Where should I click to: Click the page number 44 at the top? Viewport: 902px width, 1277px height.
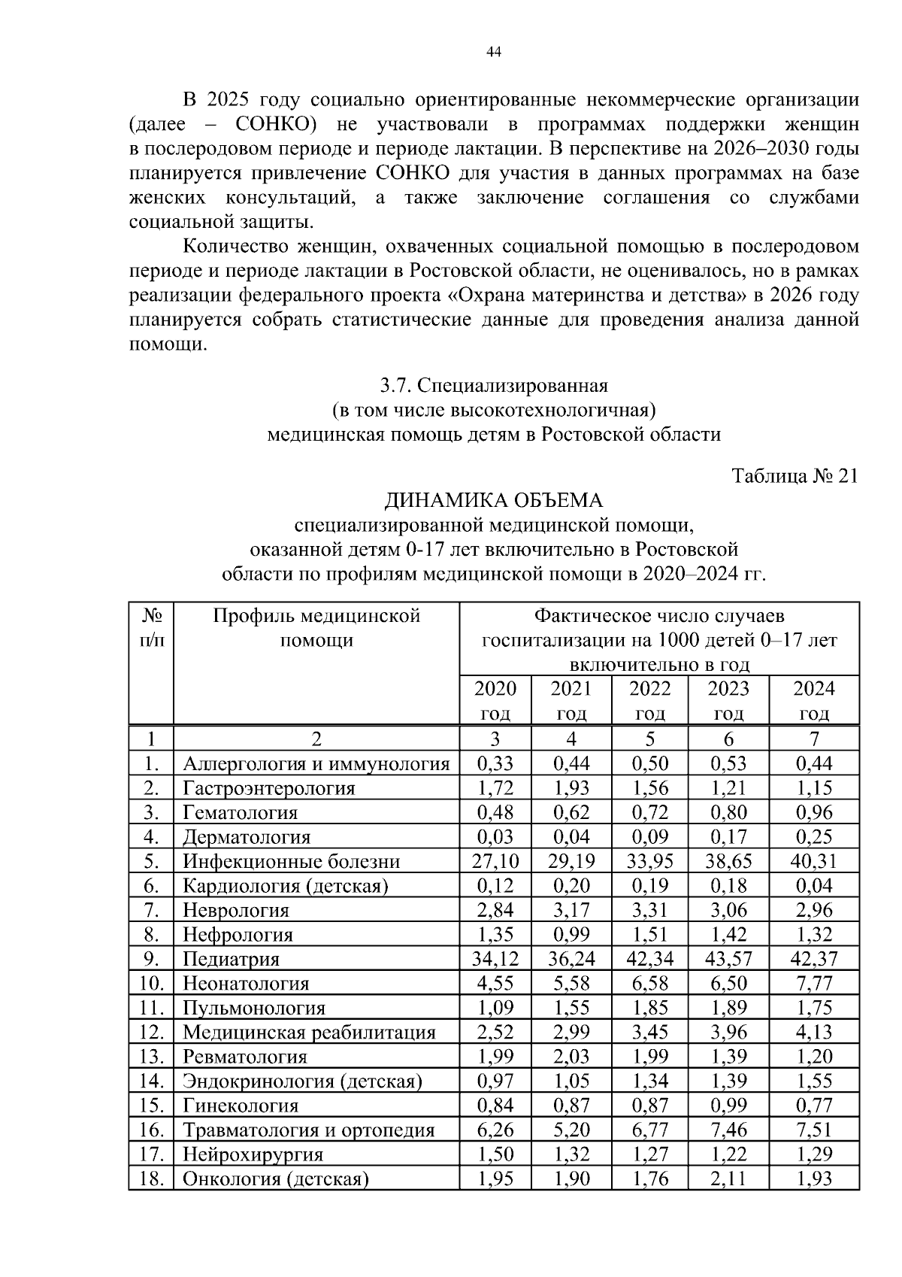tap(494, 52)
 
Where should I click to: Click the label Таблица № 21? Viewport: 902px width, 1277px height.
tap(795, 476)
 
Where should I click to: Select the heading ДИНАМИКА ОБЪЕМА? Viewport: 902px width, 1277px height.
tap(494, 500)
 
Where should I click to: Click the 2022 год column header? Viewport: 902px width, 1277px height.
tap(649, 700)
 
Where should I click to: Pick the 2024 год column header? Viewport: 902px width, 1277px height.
tap(814, 700)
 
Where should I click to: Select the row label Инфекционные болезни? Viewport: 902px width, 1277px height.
tap(292, 861)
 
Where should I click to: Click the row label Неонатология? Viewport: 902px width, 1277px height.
tap(247, 983)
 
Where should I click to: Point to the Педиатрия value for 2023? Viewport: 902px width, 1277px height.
tap(728, 959)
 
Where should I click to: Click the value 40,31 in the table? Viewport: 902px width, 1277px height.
tap(814, 861)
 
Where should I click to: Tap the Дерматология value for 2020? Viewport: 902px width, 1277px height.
tap(495, 836)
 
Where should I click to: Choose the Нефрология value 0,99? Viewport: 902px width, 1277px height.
tap(571, 934)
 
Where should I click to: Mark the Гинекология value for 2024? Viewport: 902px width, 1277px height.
tap(814, 1105)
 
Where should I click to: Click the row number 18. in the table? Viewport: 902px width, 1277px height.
tap(151, 1178)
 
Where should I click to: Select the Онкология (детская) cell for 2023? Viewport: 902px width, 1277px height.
tap(728, 1178)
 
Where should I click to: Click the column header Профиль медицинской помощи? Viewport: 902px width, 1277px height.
tap(316, 629)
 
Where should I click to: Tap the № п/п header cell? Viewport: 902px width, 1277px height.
tap(151, 629)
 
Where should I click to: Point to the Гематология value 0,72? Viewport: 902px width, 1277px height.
tap(649, 812)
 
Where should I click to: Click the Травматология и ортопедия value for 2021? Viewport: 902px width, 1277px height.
tap(571, 1130)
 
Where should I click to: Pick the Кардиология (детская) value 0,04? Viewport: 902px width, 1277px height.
tap(814, 885)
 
